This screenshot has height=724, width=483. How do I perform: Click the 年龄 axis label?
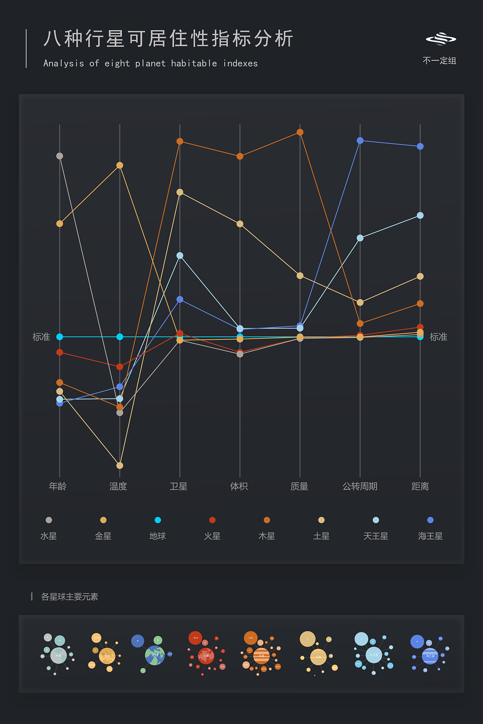tap(58, 486)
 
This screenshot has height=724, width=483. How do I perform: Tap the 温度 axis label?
tap(118, 486)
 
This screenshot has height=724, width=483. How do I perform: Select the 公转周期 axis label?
tap(360, 486)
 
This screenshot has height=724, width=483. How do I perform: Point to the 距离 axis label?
tap(420, 486)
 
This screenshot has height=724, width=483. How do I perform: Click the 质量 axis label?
tap(299, 486)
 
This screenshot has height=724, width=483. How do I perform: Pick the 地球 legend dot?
tap(158, 520)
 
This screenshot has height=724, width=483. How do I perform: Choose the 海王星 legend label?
tap(430, 536)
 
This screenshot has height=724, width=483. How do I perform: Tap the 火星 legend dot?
tap(212, 520)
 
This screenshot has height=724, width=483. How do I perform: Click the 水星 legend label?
tap(49, 536)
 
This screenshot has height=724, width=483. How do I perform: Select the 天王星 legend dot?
tap(376, 520)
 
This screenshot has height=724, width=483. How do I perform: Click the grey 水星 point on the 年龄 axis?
tap(60, 156)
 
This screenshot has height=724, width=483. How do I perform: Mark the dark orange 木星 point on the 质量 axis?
tap(300, 132)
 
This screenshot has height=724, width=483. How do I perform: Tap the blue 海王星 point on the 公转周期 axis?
tap(360, 141)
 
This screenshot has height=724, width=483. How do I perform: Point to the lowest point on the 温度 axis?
tap(120, 465)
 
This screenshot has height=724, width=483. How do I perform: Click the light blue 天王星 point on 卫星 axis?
tap(180, 256)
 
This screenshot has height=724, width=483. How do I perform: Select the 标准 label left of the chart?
tap(41, 337)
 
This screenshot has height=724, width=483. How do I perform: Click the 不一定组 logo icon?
tap(441, 39)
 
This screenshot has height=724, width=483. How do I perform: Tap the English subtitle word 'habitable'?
tap(194, 63)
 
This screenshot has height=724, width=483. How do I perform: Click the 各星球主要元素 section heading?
tap(69, 597)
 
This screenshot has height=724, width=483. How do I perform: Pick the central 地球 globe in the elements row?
tap(155, 655)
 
